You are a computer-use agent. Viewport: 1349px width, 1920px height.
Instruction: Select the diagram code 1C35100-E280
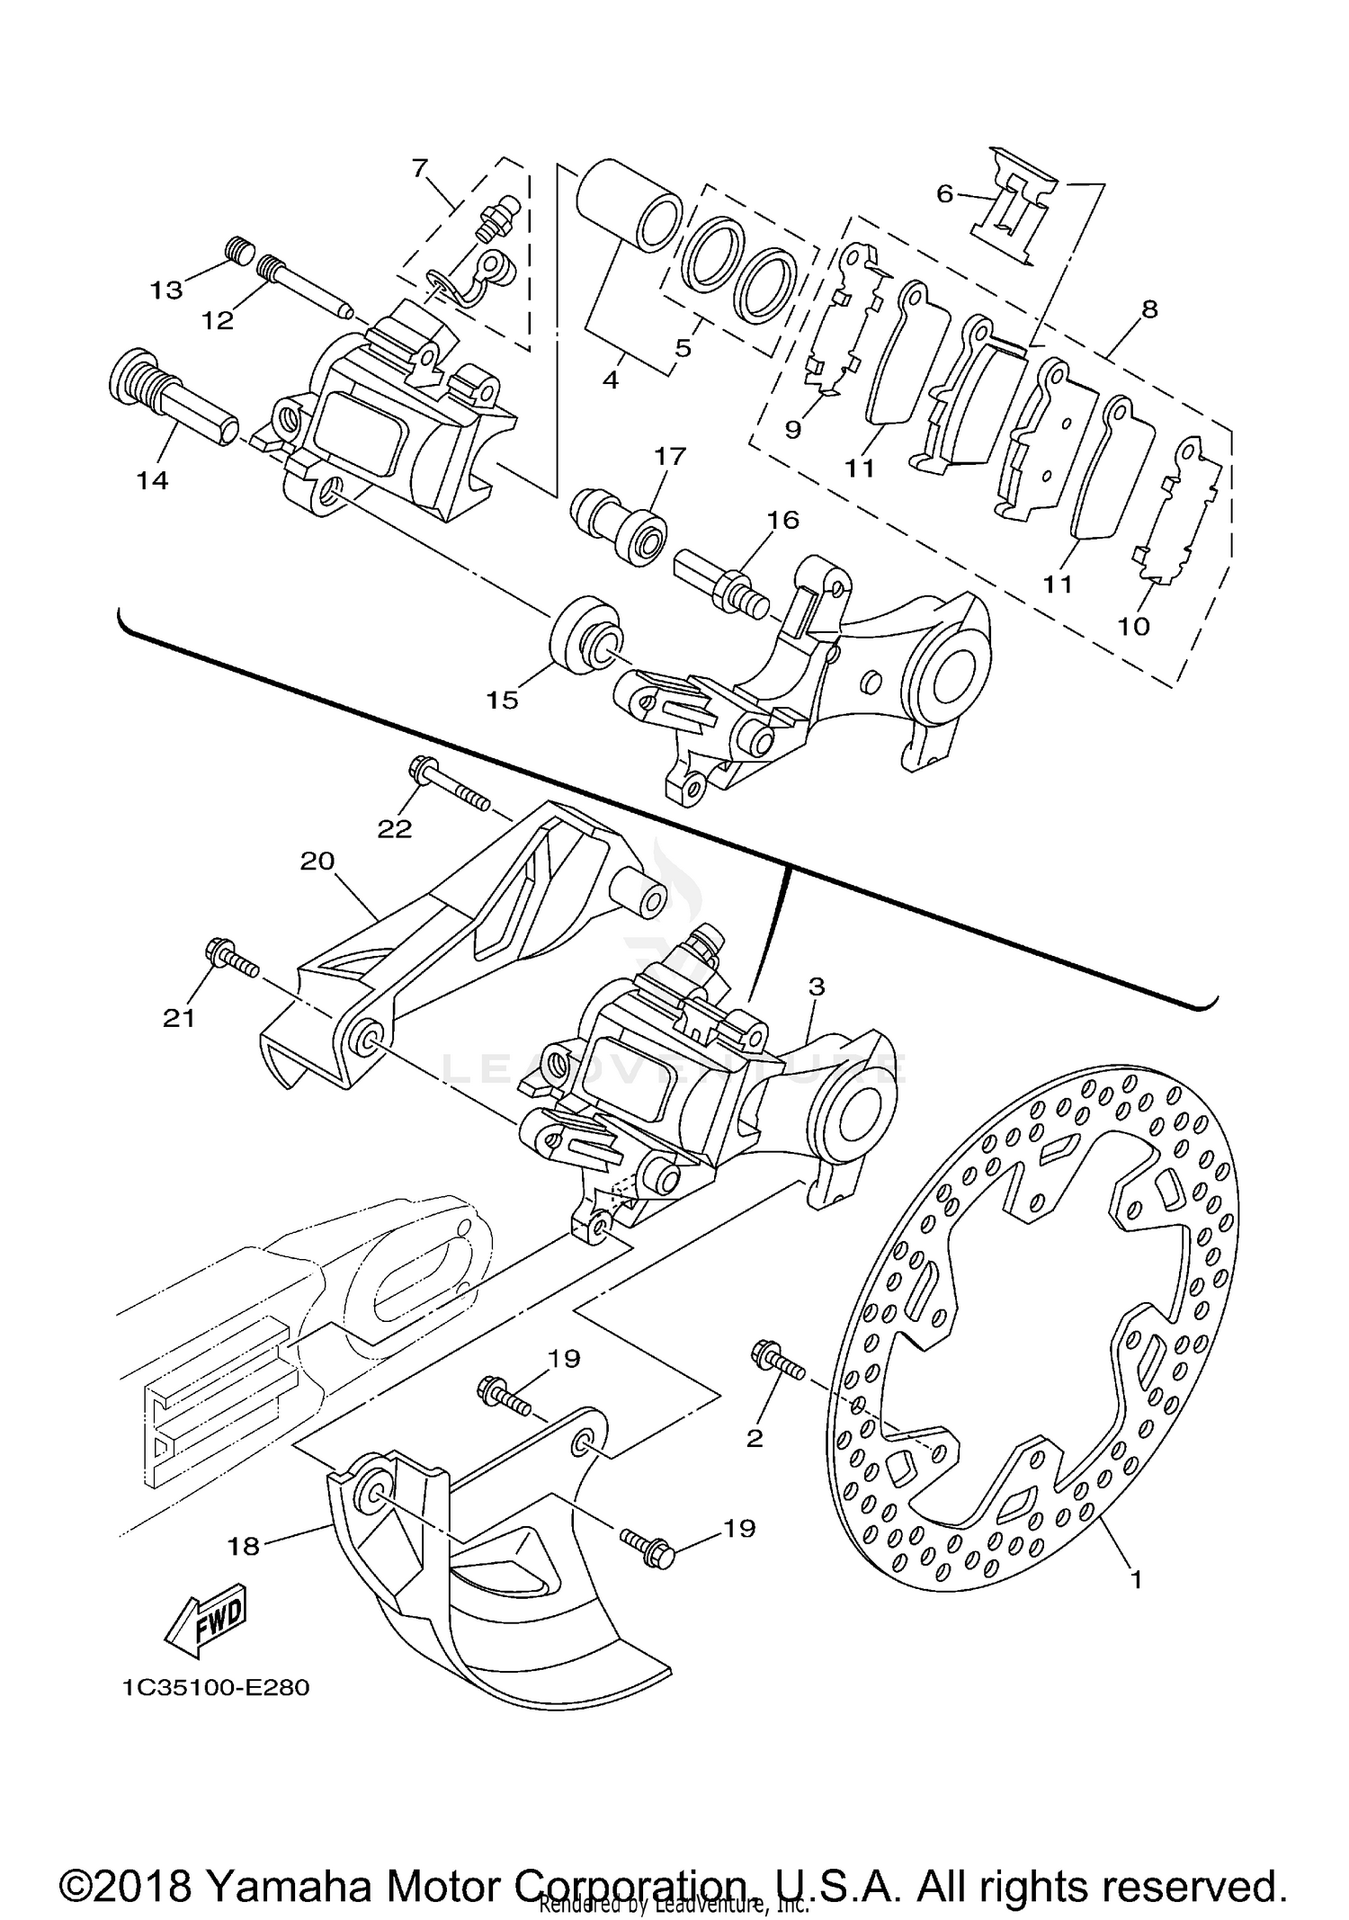tap(216, 1688)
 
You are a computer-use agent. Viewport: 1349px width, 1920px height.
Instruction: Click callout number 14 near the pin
tap(153, 480)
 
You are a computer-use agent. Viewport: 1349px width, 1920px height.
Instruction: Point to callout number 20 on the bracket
tap(317, 861)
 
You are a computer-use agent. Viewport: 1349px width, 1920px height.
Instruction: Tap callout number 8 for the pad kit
tap(1148, 309)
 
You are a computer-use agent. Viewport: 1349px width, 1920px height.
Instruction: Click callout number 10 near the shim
tap(1134, 626)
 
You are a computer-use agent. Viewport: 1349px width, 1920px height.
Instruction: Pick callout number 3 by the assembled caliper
tap(816, 987)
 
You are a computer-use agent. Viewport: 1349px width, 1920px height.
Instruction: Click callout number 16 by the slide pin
tap(782, 520)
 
